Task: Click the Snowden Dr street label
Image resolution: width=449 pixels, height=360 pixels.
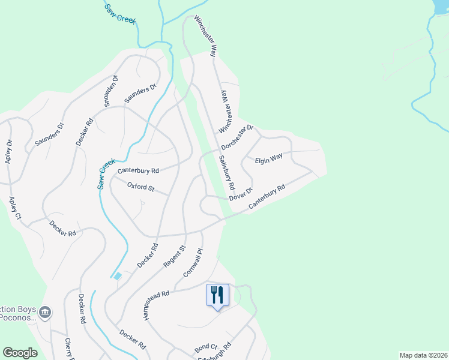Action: coord(111,91)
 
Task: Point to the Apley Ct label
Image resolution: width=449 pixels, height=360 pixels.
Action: coord(14,207)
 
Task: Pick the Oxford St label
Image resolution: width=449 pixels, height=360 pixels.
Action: coord(141,188)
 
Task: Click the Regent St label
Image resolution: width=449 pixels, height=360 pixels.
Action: coord(175,256)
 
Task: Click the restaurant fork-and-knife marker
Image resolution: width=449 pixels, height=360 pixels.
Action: coord(217,295)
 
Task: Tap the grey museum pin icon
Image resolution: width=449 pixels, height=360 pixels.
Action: coord(45,312)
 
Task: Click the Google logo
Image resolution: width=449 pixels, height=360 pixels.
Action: coord(20,353)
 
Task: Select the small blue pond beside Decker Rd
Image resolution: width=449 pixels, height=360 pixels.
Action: coord(118,275)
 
